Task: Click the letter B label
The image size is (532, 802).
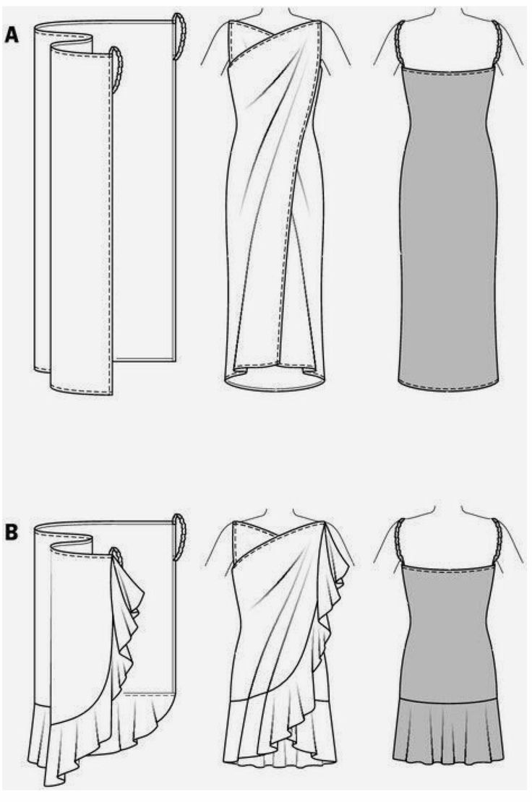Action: coord(12,532)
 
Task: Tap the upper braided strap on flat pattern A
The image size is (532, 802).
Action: coord(179,36)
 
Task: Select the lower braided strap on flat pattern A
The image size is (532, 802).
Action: coord(116,70)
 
